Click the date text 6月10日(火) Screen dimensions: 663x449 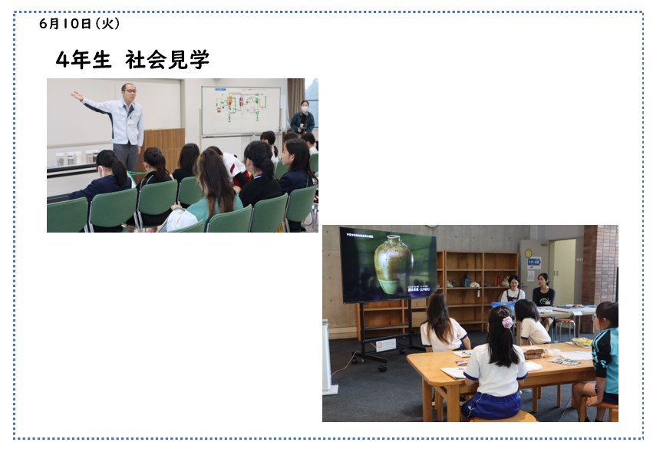pyautogui.click(x=80, y=24)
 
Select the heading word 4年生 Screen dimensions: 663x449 pyautogui.click(x=84, y=60)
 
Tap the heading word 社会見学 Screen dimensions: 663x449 pyautogui.click(x=167, y=60)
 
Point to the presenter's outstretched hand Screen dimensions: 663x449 pyautogui.click(x=76, y=96)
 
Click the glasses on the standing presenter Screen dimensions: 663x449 pyautogui.click(x=130, y=91)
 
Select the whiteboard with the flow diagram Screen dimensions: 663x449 pyautogui.click(x=241, y=111)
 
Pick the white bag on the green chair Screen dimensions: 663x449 pyautogui.click(x=182, y=220)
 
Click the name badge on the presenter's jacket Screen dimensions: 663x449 pyautogui.click(x=130, y=122)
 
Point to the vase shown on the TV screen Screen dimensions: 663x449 pyautogui.click(x=393, y=265)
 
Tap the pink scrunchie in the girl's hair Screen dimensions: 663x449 pyautogui.click(x=507, y=322)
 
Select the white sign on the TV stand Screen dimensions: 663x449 pyautogui.click(x=386, y=345)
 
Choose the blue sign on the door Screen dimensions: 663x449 pyautogui.click(x=534, y=262)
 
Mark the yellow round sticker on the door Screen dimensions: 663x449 pyautogui.click(x=528, y=253)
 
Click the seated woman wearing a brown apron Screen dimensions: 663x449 pyautogui.click(x=513, y=289)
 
